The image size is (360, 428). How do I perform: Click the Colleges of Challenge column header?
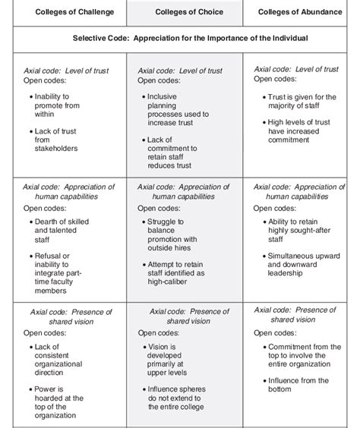click(x=65, y=12)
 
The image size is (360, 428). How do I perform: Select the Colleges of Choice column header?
click(x=186, y=12)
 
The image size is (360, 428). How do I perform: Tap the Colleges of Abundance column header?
click(x=302, y=12)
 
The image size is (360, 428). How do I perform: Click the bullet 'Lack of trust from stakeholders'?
click(x=56, y=139)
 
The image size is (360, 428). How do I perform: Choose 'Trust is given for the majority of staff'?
click(x=302, y=102)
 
